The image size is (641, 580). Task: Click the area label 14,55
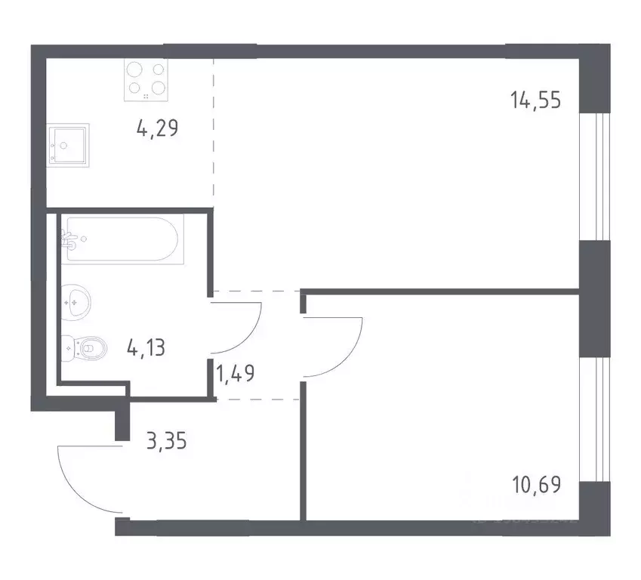pyautogui.click(x=535, y=100)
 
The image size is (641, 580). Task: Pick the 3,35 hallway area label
pyautogui.click(x=165, y=440)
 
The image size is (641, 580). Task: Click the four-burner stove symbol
pyautogui.click(x=146, y=79)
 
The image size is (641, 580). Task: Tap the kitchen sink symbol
pyautogui.click(x=67, y=144)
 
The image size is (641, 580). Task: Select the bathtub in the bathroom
pyautogui.click(x=123, y=239)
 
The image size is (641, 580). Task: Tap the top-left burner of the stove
pyautogui.click(x=134, y=69)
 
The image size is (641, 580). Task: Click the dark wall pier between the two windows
pyautogui.click(x=594, y=298)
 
